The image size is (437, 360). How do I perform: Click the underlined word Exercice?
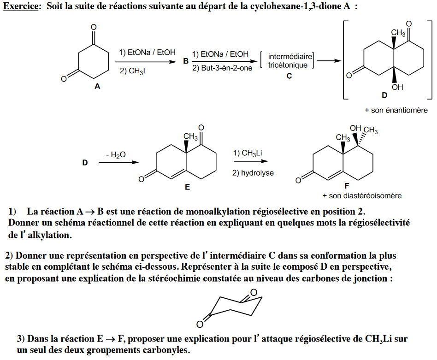coord(21,8)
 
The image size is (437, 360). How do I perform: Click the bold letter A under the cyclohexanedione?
coord(97,86)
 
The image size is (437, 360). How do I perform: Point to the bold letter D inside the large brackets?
coord(384,95)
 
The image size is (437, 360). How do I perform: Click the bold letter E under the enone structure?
coord(187,188)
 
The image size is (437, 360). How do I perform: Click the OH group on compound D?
coord(397,87)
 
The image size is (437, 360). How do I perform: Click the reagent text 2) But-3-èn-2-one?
coord(222,68)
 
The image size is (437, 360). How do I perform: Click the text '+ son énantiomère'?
coord(396,110)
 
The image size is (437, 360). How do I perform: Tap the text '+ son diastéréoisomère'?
coord(362,195)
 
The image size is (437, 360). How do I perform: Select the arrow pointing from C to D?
coord(328,60)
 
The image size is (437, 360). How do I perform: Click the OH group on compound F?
coord(355,128)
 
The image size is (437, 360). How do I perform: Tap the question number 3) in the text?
coord(21,339)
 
